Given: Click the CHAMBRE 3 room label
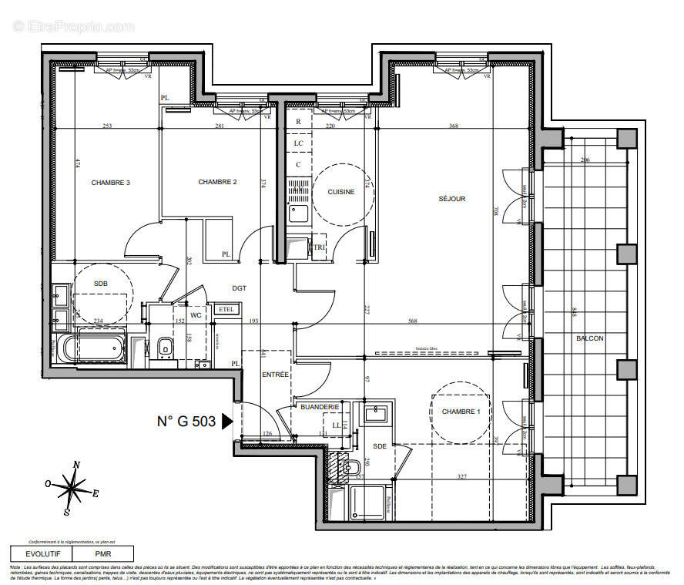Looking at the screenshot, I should click(x=110, y=183).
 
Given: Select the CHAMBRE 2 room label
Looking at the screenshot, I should click(x=217, y=182).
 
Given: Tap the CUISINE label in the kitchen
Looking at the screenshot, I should click(x=341, y=192).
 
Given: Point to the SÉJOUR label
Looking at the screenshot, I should click(x=452, y=199).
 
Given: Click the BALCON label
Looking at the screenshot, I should click(x=589, y=338).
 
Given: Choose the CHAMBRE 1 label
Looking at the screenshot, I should click(x=461, y=412).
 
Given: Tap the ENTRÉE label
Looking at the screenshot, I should click(x=275, y=374).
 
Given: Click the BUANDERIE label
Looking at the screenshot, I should click(x=320, y=406).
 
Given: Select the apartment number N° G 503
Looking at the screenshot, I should click(x=187, y=422).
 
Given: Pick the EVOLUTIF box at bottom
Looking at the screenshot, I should click(x=40, y=553).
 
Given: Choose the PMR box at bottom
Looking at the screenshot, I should click(x=102, y=553).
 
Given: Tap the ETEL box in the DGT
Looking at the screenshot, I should click(x=226, y=309).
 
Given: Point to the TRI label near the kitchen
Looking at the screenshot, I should click(x=319, y=247).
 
